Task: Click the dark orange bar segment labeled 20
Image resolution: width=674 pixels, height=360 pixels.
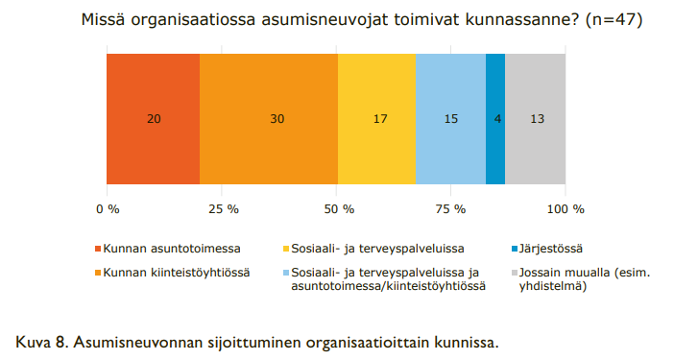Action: pyautogui.click(x=153, y=119)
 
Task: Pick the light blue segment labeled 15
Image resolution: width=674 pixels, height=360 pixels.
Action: pyautogui.click(x=450, y=119)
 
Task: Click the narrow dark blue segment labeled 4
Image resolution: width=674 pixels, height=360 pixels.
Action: pyautogui.click(x=495, y=119)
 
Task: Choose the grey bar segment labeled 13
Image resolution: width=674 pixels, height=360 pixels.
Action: pyautogui.click(x=535, y=119)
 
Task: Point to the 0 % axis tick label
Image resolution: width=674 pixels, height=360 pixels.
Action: pyautogui.click(x=107, y=208)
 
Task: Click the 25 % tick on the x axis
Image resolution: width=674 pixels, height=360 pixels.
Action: pyautogui.click(x=222, y=208)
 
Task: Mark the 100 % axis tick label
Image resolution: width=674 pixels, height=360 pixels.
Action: pyautogui.click(x=565, y=208)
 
